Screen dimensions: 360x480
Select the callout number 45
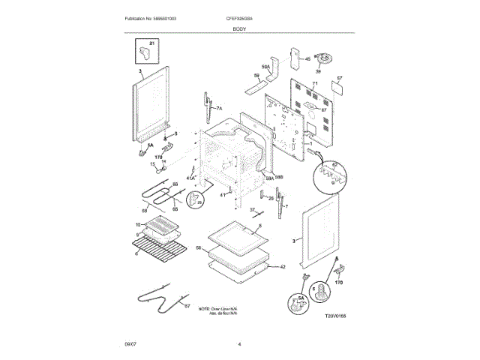307,58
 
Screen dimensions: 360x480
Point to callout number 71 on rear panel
316,83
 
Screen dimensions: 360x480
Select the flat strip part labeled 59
256,76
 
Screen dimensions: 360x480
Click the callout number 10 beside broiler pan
138,224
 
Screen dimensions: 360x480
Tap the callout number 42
282,266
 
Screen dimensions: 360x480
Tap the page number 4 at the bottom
239,343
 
